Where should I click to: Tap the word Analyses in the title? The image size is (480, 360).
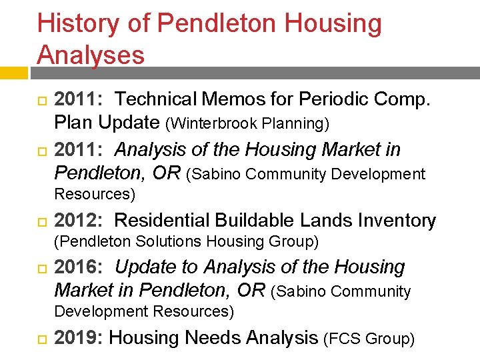pyautogui.click(x=91, y=55)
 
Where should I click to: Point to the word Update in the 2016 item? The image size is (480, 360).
pyautogui.click(x=147, y=267)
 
